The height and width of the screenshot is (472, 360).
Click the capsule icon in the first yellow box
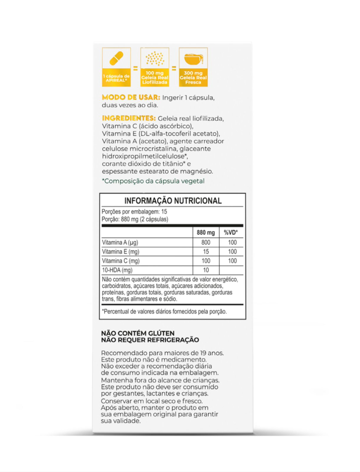pos(116,60)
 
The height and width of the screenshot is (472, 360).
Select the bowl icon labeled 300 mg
pos(193,59)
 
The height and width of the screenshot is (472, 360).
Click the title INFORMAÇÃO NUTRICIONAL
pos(173,201)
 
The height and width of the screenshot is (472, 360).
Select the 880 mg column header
pos(206,233)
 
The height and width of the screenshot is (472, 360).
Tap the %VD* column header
pos(230,233)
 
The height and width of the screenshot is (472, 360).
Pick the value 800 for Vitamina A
pos(206,243)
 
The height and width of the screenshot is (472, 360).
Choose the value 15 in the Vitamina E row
pos(206,252)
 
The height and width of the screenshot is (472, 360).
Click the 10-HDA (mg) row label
pos(117,270)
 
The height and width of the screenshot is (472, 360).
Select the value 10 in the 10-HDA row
pos(206,270)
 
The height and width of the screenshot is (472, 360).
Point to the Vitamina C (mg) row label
pos(120,261)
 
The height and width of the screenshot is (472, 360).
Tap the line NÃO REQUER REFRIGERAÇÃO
pos(150,340)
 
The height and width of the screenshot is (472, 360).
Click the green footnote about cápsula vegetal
pos(153,181)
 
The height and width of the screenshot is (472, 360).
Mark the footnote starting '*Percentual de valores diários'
pos(164,311)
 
